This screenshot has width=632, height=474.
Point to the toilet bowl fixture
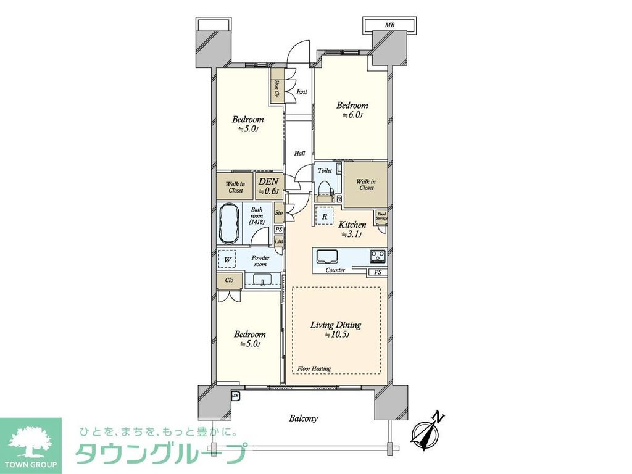tap(325, 185)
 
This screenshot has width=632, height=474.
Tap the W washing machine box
tap(228, 259)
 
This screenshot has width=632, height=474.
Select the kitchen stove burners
tap(378, 256)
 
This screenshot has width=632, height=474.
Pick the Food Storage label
tap(383, 217)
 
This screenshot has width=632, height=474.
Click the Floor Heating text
tap(314, 368)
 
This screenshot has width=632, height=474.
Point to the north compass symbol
tap(426, 430)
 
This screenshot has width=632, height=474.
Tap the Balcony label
tap(304, 418)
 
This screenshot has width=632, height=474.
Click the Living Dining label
tap(336, 325)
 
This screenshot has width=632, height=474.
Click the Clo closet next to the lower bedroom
tap(229, 280)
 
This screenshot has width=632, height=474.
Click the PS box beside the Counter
tap(376, 272)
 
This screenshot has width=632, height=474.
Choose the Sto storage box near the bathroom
tap(279, 214)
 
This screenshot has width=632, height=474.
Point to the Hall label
tap(299, 153)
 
